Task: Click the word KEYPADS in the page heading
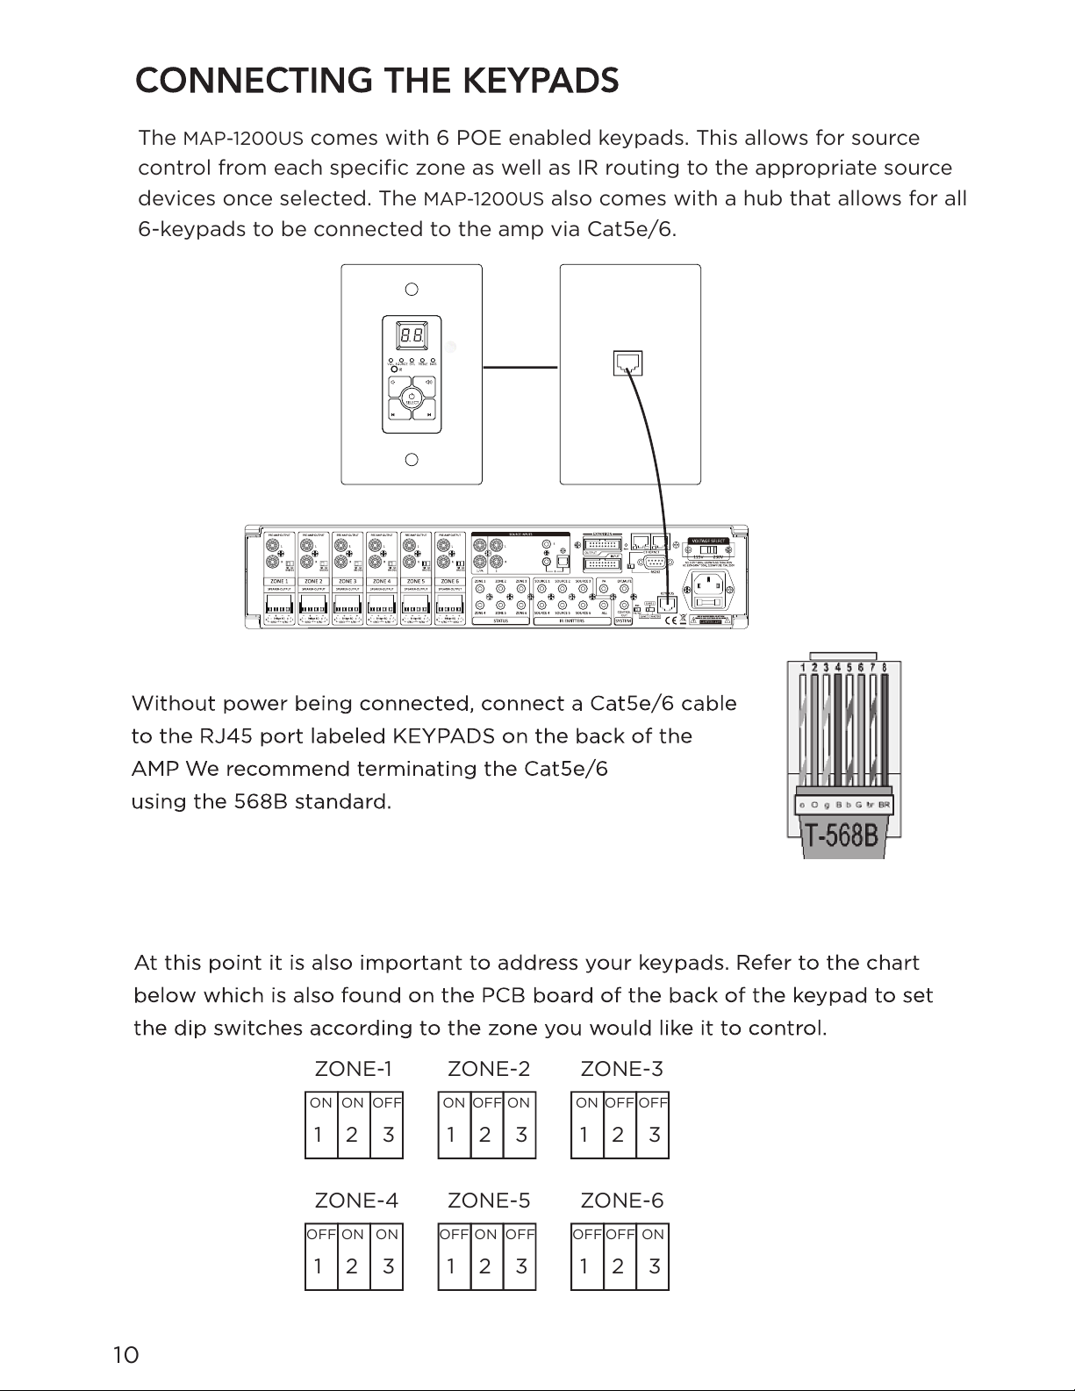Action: point(540,81)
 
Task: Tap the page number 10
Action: point(125,1355)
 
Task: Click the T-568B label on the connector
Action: point(842,834)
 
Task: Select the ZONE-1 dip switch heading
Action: point(353,1069)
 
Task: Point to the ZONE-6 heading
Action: point(621,1200)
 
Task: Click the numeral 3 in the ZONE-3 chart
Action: point(654,1135)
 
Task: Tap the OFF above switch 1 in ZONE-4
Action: point(321,1234)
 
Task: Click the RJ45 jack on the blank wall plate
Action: point(628,361)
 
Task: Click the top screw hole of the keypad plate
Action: point(411,289)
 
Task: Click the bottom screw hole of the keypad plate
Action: point(411,460)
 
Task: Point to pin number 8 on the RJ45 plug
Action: point(884,667)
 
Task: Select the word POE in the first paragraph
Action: point(478,139)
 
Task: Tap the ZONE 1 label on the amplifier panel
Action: point(278,581)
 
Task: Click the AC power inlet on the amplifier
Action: point(708,598)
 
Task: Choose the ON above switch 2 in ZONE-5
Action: point(486,1234)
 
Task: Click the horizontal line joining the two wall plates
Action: point(520,367)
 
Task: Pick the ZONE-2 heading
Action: point(489,1069)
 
